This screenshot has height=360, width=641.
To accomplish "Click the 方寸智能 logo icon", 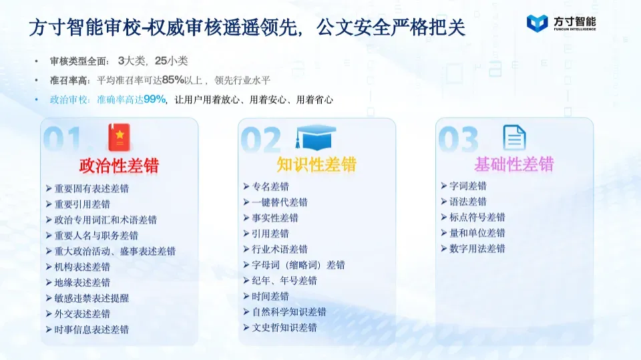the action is click(x=537, y=23).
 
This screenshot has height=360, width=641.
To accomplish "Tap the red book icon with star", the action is click(x=119, y=138).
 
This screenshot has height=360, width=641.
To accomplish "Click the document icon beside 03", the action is click(x=514, y=138).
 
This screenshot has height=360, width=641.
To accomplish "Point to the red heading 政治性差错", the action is click(x=119, y=166).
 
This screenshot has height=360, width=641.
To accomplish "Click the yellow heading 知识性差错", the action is click(x=316, y=164).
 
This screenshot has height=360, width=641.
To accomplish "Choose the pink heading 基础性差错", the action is click(x=514, y=164).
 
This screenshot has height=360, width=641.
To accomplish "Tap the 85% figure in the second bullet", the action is click(x=173, y=79).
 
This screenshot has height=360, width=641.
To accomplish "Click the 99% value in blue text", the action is click(x=154, y=100).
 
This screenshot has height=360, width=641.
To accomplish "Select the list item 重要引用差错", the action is click(x=82, y=204).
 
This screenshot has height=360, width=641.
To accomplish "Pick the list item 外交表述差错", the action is click(x=82, y=314).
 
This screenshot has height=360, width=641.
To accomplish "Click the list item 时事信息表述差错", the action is click(x=91, y=329).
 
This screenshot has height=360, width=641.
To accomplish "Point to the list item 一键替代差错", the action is click(x=280, y=202).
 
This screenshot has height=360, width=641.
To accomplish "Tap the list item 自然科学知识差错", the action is click(x=289, y=312).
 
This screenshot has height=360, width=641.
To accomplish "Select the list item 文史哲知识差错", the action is click(x=284, y=327).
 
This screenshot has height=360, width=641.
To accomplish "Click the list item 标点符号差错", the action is click(x=477, y=217).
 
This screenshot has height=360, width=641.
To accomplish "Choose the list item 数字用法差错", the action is click(x=477, y=248).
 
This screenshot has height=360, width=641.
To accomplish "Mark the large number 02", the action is click(x=261, y=140).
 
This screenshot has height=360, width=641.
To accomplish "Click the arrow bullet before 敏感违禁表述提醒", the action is click(x=49, y=299).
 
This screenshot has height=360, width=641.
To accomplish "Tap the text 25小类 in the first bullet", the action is click(x=172, y=61).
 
